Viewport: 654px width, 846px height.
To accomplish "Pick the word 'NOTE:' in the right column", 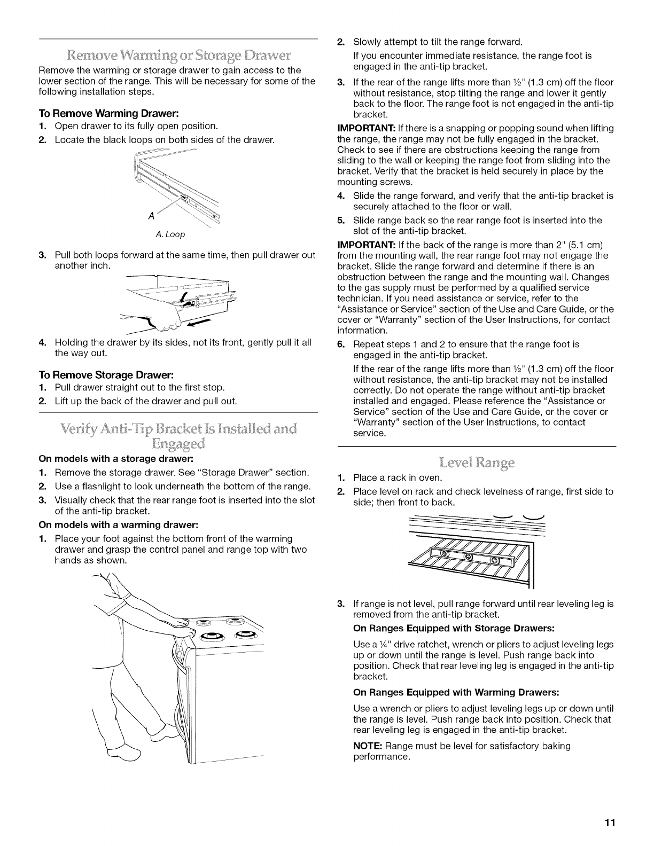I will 367,746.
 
